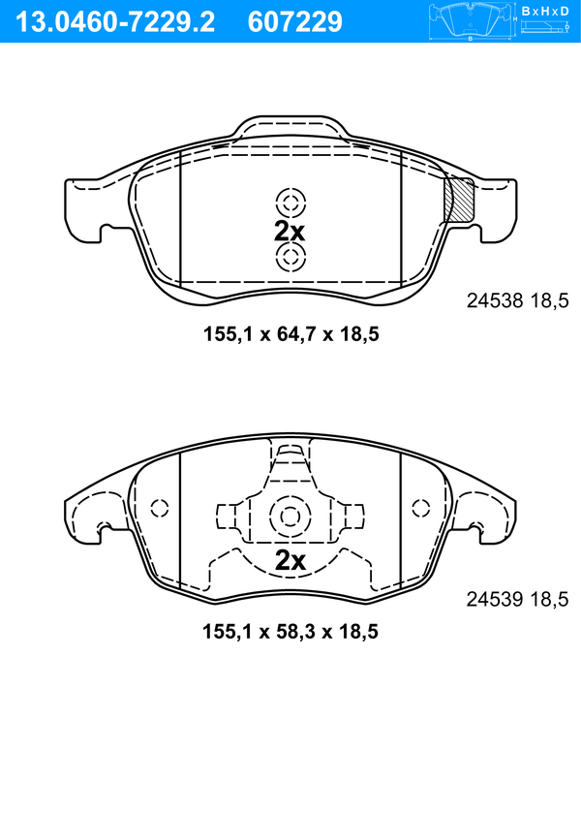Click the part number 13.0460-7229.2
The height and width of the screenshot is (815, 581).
(x=115, y=22)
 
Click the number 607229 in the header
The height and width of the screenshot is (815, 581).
(x=295, y=22)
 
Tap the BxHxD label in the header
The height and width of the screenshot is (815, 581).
(x=545, y=11)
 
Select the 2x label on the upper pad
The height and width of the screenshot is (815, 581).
(x=290, y=231)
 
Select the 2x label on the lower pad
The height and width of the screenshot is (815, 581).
(x=290, y=560)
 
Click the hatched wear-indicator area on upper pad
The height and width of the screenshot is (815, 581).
(x=458, y=199)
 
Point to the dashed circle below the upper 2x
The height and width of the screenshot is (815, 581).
(x=290, y=257)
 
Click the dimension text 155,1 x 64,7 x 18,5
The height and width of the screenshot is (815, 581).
(x=290, y=333)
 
